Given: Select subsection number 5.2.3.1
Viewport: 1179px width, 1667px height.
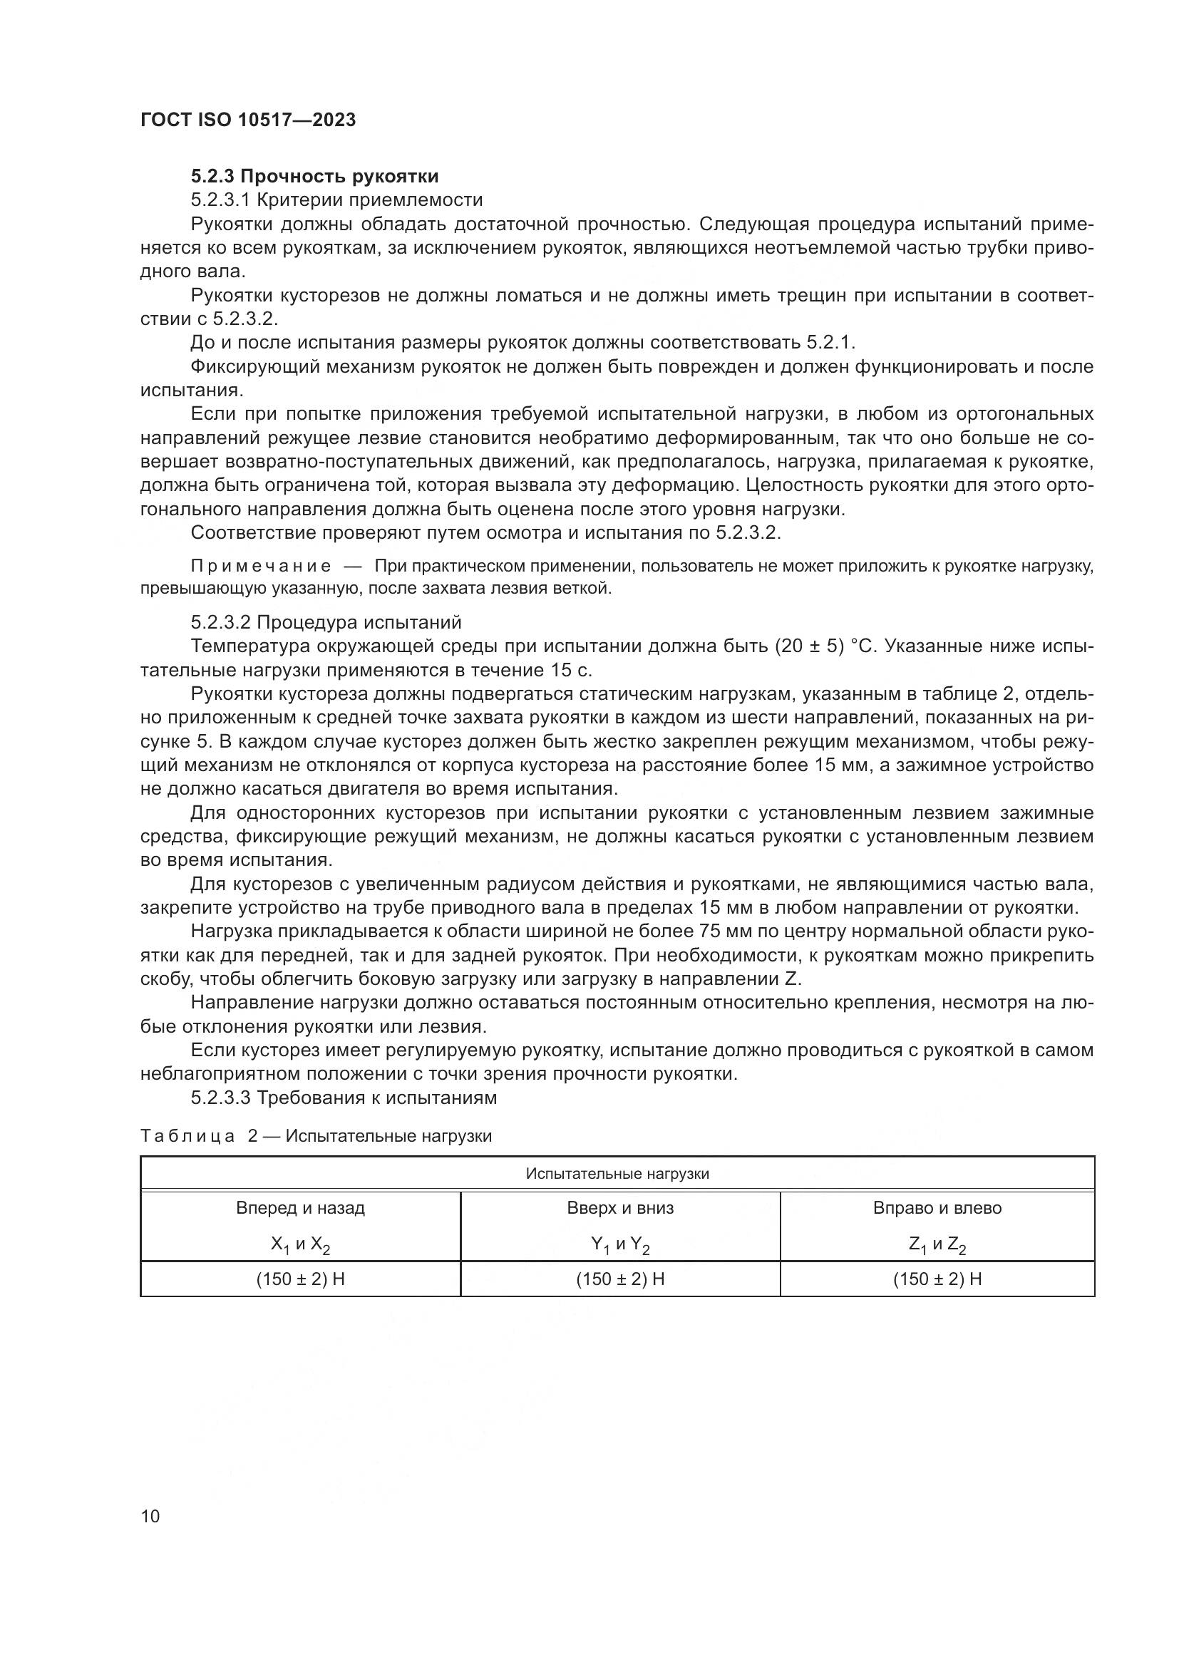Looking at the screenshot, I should pyautogui.click(x=221, y=200).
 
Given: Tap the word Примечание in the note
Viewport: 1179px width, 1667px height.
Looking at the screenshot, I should pyautogui.click(x=261, y=567).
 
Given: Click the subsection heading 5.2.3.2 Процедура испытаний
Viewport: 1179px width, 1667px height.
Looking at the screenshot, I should pyautogui.click(x=326, y=622).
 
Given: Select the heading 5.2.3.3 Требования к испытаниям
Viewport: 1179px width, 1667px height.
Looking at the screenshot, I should pyautogui.click(x=344, y=1098).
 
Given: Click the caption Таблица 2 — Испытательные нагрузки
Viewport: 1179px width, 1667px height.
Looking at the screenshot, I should pyautogui.click(x=316, y=1136).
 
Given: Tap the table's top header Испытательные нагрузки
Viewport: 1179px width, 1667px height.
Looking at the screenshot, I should pyautogui.click(x=617, y=1174).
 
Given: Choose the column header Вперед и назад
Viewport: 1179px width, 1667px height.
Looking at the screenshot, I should pyautogui.click(x=300, y=1208).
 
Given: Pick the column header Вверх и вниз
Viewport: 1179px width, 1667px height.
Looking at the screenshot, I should pyautogui.click(x=620, y=1208).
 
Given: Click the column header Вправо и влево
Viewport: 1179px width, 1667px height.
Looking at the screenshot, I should pyautogui.click(x=937, y=1208).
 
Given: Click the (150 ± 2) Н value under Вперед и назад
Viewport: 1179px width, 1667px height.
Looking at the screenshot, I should pyautogui.click(x=300, y=1279).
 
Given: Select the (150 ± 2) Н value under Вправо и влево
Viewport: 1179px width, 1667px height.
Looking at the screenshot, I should pyautogui.click(x=937, y=1279).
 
